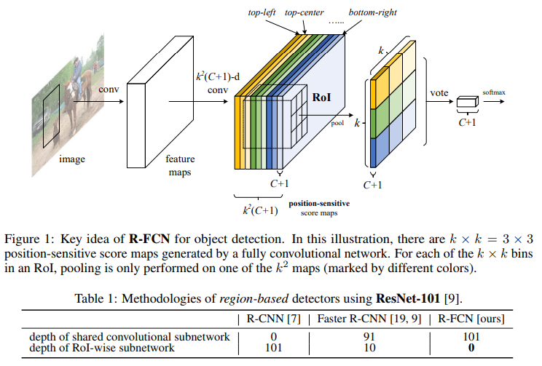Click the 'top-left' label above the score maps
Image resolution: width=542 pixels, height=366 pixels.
pyautogui.click(x=265, y=13)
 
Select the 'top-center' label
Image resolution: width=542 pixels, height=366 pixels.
pyautogui.click(x=305, y=13)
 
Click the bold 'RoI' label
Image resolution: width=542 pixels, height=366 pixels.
pyautogui.click(x=321, y=97)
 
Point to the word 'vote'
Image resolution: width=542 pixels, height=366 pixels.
pyautogui.click(x=439, y=93)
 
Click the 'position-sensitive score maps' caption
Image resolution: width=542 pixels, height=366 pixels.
pyautogui.click(x=318, y=207)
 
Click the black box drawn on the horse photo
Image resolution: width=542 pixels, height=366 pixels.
pyautogui.click(x=52, y=120)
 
